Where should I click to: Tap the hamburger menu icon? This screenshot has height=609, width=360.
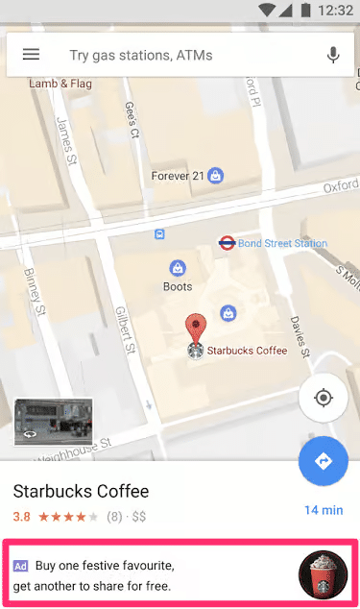pos(31,55)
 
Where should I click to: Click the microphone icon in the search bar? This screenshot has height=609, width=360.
pos(333,55)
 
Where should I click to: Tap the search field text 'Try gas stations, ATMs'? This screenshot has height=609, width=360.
pos(141,56)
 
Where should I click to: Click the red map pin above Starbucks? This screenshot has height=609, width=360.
pos(196,327)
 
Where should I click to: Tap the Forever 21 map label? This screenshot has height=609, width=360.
pos(179,176)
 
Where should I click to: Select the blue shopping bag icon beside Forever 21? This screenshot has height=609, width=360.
pos(217,176)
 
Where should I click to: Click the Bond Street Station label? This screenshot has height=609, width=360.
pos(282,243)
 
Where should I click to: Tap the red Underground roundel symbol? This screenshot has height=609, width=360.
pos(228,243)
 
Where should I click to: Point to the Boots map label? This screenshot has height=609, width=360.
pos(178,286)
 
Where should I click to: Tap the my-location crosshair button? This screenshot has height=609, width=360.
pos(323,398)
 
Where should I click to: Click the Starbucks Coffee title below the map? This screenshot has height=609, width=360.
pos(81,492)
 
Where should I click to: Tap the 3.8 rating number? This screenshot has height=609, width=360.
pos(21,516)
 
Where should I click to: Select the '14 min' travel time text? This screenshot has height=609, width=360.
pos(324,510)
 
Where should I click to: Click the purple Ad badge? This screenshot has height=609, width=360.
pos(20,566)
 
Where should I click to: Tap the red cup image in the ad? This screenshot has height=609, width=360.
pos(324,573)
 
